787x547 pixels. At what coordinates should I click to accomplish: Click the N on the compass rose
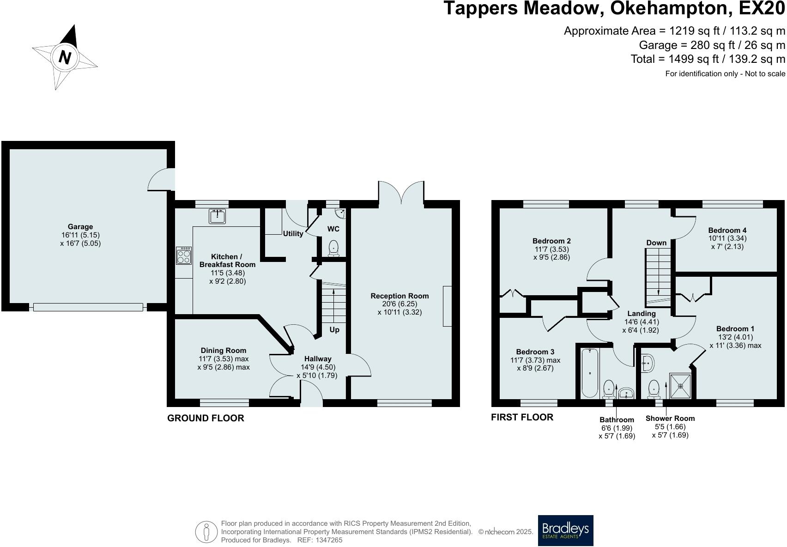tap(65, 57)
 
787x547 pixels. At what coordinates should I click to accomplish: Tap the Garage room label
tap(80, 227)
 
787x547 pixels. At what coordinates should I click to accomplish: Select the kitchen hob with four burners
tap(184, 255)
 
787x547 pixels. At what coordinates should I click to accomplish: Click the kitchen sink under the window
tap(217, 216)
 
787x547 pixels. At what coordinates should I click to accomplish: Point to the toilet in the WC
tap(333, 248)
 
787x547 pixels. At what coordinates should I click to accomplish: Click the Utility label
tap(293, 233)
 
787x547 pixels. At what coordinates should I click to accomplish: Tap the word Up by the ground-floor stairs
tap(334, 330)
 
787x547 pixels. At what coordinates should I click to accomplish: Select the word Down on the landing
tap(656, 243)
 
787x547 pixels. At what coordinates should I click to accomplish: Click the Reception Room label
tap(400, 296)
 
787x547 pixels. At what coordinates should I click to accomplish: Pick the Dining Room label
tap(224, 351)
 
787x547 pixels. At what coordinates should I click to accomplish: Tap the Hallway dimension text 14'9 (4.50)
tap(318, 367)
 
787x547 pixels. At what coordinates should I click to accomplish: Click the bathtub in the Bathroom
tap(590, 373)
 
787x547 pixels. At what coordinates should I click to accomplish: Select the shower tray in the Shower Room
tap(681, 386)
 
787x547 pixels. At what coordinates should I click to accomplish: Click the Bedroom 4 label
tap(727, 230)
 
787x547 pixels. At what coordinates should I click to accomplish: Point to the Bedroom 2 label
tap(551, 241)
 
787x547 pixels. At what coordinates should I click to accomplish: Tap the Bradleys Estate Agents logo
tap(566, 530)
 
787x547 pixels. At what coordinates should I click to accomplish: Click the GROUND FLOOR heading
tap(206, 418)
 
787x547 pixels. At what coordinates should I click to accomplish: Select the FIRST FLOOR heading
tap(522, 417)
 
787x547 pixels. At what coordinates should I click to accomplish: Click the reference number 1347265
tap(329, 540)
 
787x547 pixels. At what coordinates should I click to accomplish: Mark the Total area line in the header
tap(708, 59)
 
